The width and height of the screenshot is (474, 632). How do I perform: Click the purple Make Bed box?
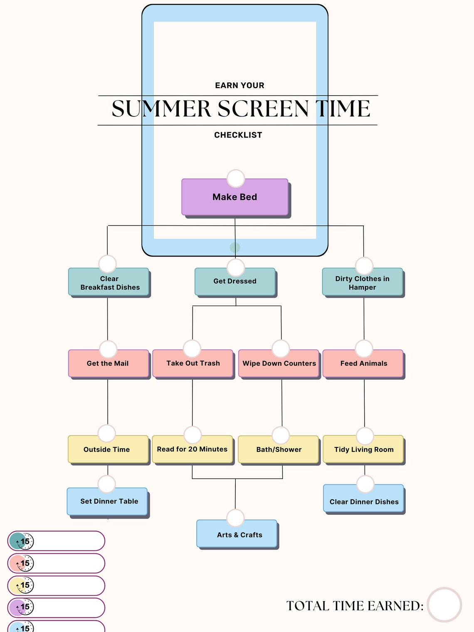[235, 197]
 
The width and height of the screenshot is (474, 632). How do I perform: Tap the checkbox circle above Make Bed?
[236, 178]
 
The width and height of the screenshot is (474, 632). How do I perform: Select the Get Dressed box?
[235, 282]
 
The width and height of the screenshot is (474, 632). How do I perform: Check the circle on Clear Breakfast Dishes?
[107, 264]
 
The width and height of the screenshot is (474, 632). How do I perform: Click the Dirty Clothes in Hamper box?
[363, 283]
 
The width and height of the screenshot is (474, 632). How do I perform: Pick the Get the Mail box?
[108, 364]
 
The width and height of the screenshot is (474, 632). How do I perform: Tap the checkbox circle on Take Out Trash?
[192, 348]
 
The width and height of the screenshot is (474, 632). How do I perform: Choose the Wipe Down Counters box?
[279, 364]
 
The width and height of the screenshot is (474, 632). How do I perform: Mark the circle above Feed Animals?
[364, 348]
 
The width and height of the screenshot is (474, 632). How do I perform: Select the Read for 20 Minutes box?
[192, 450]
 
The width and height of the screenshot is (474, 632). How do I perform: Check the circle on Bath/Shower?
[281, 435]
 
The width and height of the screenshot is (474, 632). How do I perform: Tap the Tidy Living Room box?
[363, 450]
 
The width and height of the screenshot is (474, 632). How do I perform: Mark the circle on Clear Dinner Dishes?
[365, 484]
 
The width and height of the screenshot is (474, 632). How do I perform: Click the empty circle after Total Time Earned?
[444, 605]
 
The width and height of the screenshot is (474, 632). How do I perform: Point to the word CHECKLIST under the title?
[238, 135]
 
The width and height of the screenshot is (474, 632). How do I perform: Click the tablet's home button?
[235, 247]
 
